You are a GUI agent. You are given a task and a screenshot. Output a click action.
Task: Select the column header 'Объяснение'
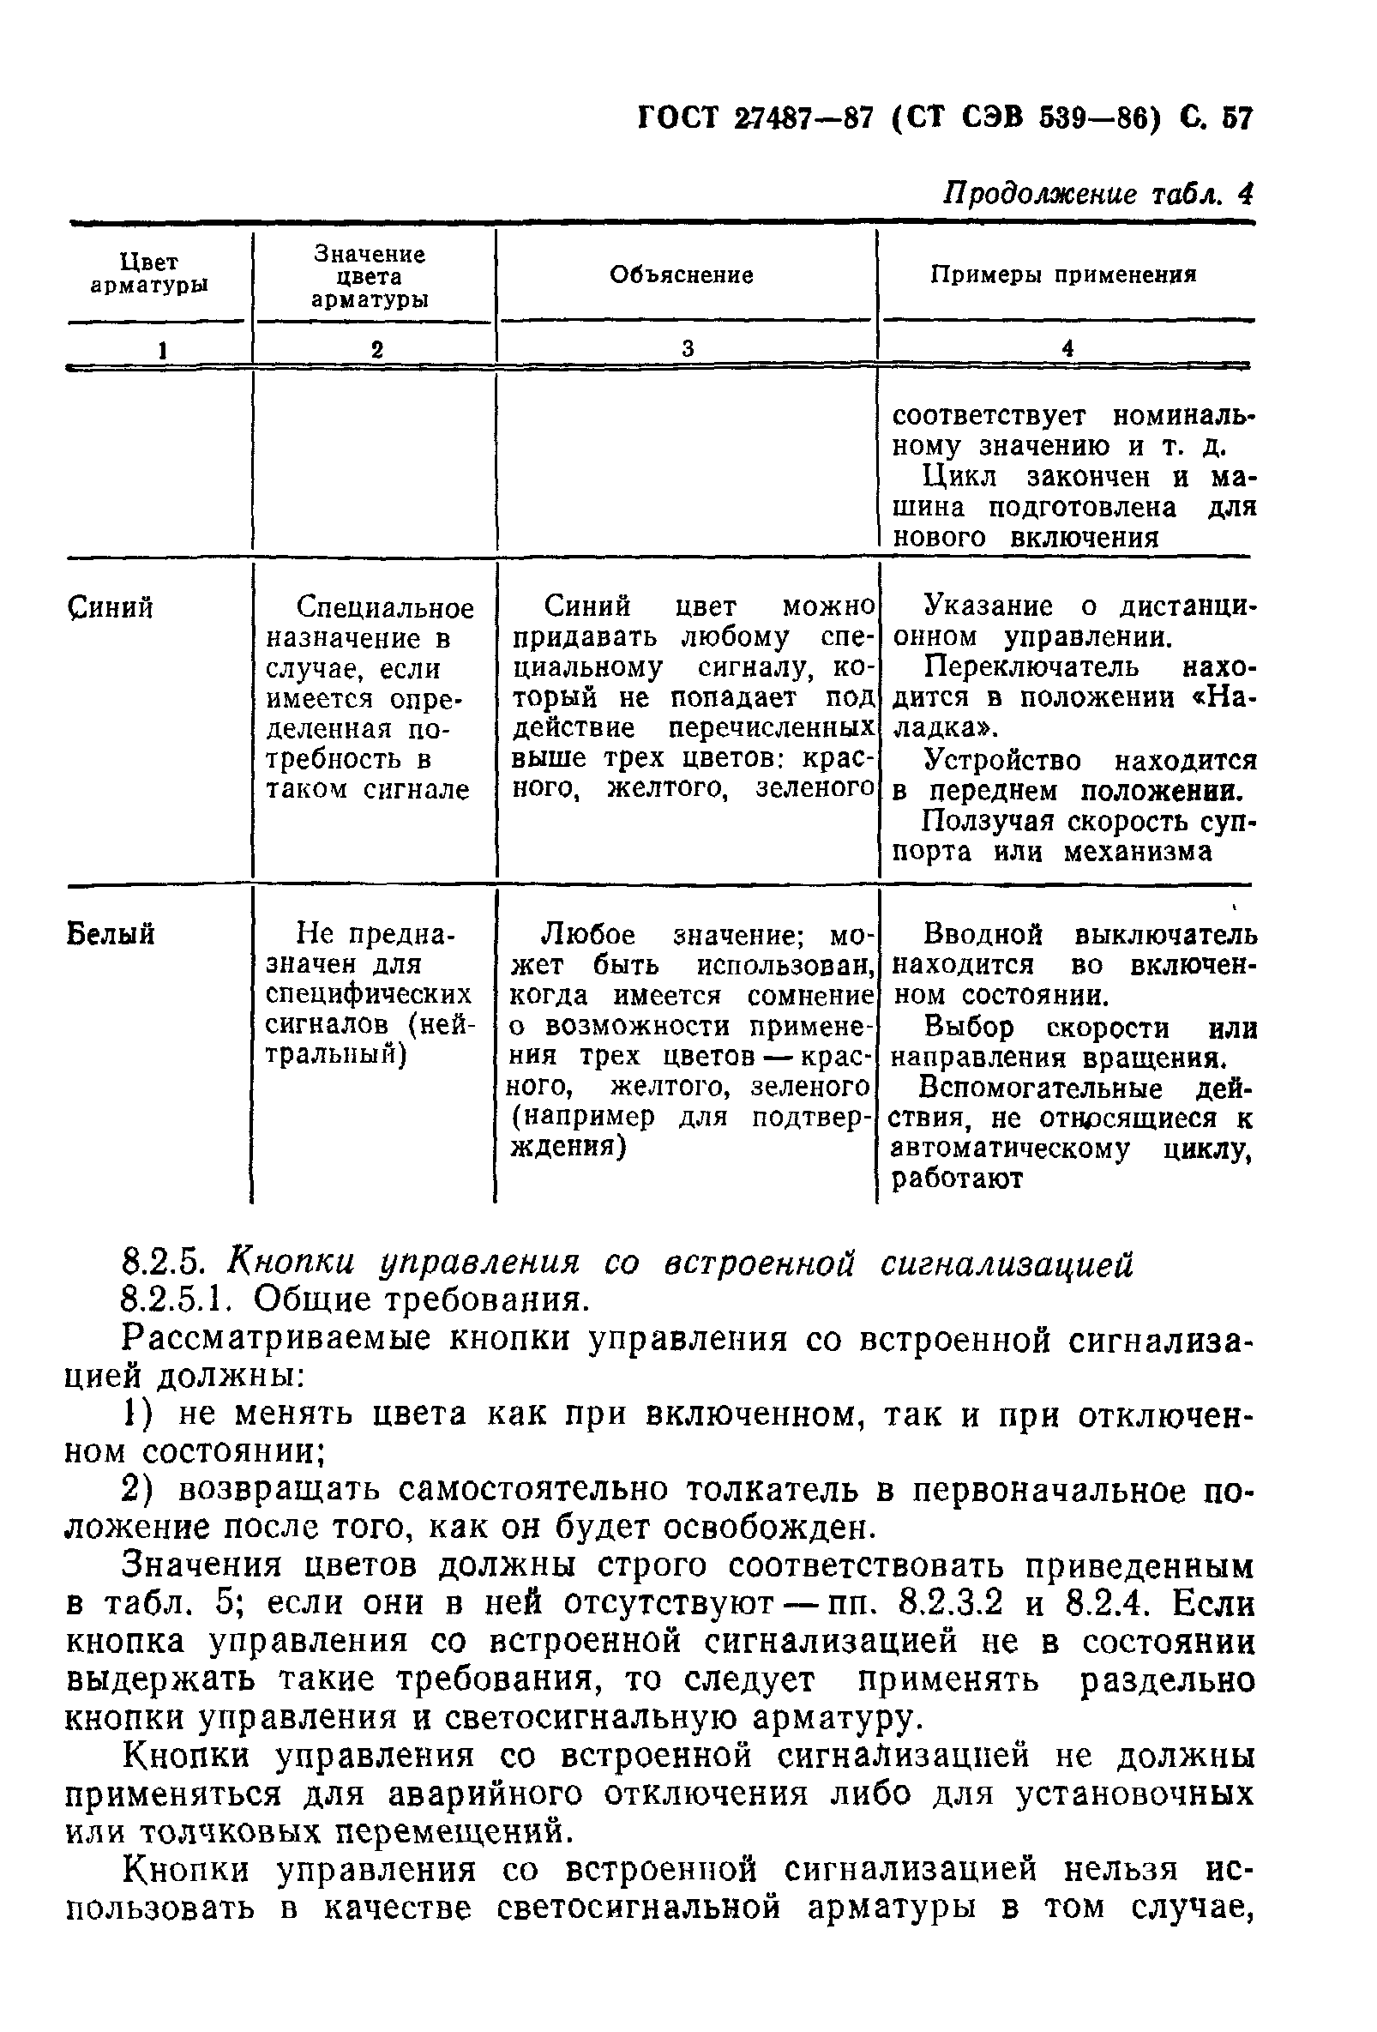tap(681, 275)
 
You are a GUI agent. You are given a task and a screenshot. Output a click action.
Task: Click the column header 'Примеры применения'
tap(1062, 275)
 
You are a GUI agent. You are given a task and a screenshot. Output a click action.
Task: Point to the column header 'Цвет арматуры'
tap(148, 274)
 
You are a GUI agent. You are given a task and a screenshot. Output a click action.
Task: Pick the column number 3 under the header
tap(688, 348)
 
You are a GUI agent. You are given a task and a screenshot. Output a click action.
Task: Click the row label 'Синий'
tap(110, 606)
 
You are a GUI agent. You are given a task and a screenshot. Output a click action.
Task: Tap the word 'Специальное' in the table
tap(385, 606)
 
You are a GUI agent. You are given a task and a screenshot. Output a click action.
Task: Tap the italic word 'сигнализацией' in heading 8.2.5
tap(1006, 1263)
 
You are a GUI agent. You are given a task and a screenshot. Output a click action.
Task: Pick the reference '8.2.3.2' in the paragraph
tap(950, 1604)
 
